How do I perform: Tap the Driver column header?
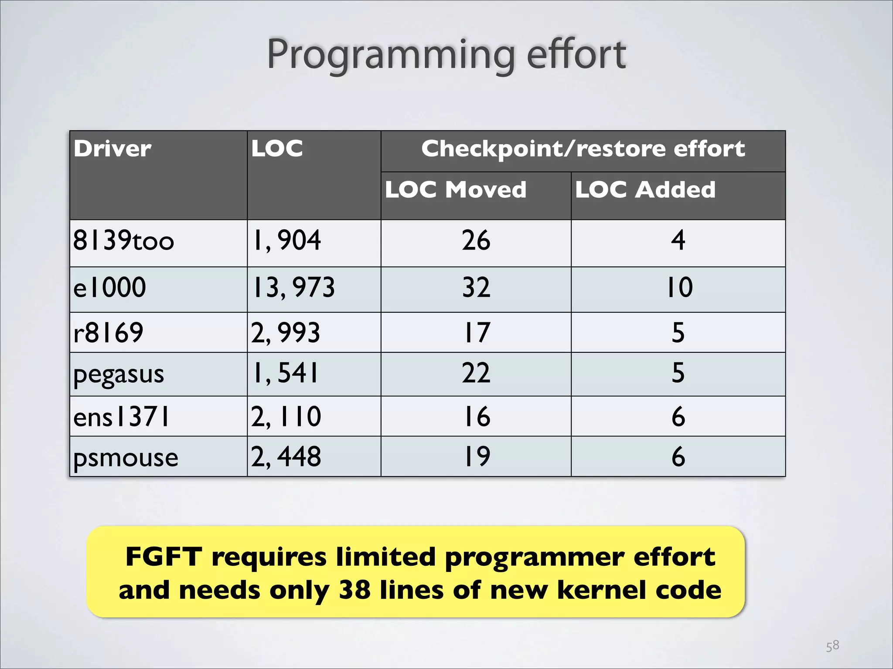click(112, 149)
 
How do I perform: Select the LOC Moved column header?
click(456, 190)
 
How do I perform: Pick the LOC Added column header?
click(645, 190)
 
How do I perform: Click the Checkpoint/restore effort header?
click(583, 149)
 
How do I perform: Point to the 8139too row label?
click(123, 241)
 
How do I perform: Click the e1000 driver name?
click(109, 287)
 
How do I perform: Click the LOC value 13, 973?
click(293, 287)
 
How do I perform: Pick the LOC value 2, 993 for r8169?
click(286, 333)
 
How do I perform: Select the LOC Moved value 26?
click(476, 240)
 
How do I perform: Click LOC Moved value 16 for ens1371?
click(476, 416)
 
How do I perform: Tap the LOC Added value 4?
click(678, 240)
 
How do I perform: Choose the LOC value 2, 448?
click(286, 457)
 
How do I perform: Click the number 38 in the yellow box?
click(355, 591)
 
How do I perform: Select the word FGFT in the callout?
click(164, 557)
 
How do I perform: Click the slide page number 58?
click(832, 645)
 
